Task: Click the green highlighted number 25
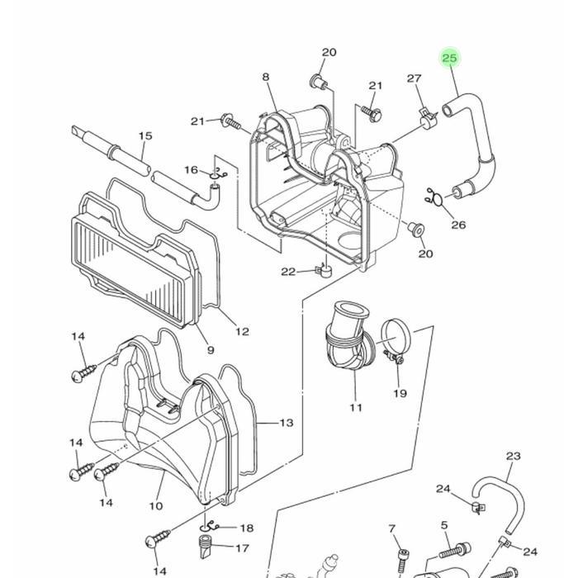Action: pyautogui.click(x=449, y=58)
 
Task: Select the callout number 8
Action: pyautogui.click(x=266, y=78)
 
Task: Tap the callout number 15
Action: pyautogui.click(x=145, y=136)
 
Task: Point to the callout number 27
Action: pyautogui.click(x=415, y=78)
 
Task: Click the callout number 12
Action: pyautogui.click(x=242, y=332)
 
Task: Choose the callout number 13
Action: pyautogui.click(x=286, y=423)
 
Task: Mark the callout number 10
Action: pyautogui.click(x=156, y=506)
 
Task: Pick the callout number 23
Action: pyautogui.click(x=514, y=456)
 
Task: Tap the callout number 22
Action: pyautogui.click(x=287, y=272)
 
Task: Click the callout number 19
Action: pyautogui.click(x=400, y=394)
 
